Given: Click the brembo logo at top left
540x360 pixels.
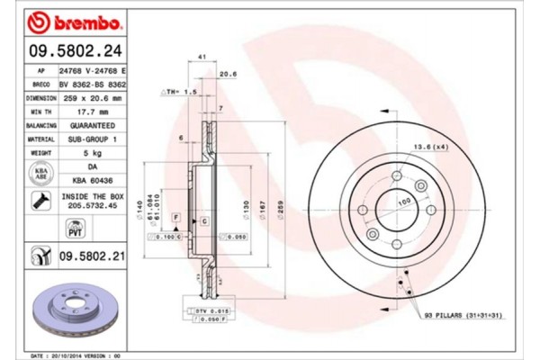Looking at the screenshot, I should click(65, 20).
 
